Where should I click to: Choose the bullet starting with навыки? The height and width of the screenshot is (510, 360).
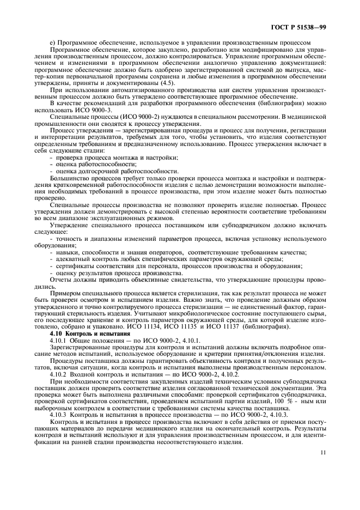pos(178,252)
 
